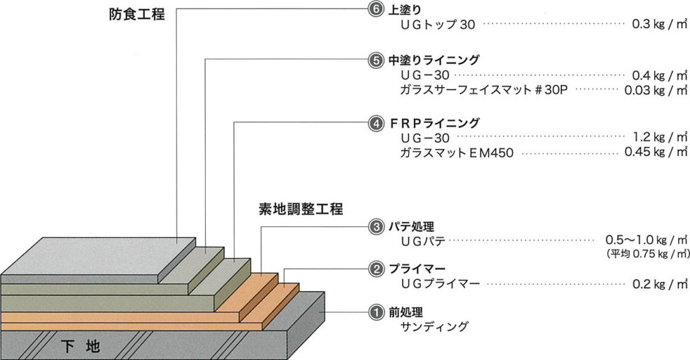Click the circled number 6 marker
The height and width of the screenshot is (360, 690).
tap(375, 10)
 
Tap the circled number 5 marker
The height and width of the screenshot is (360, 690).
tap(375, 61)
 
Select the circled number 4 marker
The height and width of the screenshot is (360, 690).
tap(375, 124)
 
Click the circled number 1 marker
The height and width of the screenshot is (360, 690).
tap(375, 312)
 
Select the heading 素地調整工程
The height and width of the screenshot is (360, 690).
tap(303, 209)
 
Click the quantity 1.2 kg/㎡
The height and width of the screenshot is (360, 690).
tap(660, 138)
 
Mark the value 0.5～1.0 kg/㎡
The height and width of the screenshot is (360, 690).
tap(646, 241)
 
